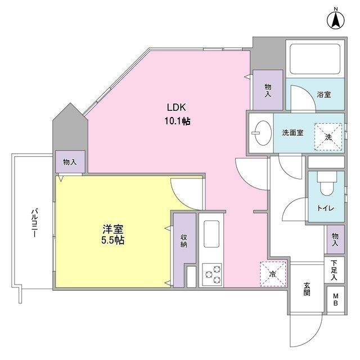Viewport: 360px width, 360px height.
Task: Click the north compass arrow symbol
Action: [x=335, y=20]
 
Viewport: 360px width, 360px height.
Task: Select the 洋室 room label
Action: [x=112, y=229]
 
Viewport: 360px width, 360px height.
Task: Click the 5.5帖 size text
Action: [x=112, y=240]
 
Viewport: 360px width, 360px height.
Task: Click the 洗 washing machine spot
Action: [x=328, y=137]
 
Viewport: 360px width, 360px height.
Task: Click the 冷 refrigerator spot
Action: [x=272, y=274]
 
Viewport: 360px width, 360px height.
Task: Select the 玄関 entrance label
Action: [x=307, y=289]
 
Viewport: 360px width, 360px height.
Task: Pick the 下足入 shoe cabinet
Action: [x=334, y=270]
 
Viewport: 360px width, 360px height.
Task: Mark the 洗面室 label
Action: [x=292, y=133]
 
